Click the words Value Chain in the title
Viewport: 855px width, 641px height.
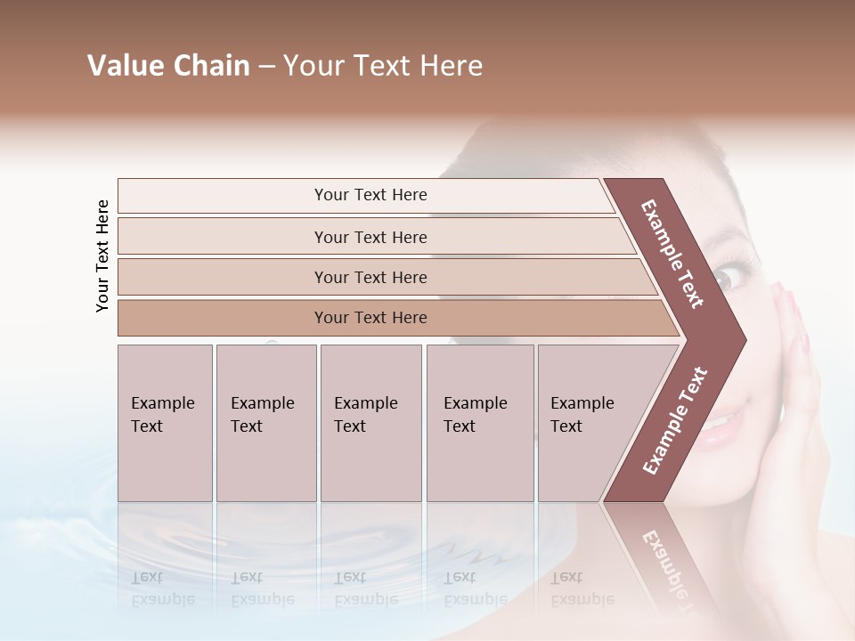coord(168,66)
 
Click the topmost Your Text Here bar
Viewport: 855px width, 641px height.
coord(370,195)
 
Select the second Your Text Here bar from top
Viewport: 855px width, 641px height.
coord(370,237)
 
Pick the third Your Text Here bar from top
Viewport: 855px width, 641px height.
coord(370,277)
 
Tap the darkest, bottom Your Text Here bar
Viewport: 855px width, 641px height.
coord(370,318)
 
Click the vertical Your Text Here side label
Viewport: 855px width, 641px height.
coord(102,256)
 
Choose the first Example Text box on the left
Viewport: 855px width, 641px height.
coord(165,422)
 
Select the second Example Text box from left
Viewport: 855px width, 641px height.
coord(265,422)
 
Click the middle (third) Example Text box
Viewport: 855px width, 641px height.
coord(370,422)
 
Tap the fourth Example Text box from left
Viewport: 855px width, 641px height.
coord(479,422)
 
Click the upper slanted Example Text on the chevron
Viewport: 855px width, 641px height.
coord(672,253)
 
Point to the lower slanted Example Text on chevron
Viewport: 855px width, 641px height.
coord(674,420)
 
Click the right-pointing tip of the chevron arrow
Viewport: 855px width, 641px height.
coord(742,340)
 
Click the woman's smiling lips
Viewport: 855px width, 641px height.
coord(720,425)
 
